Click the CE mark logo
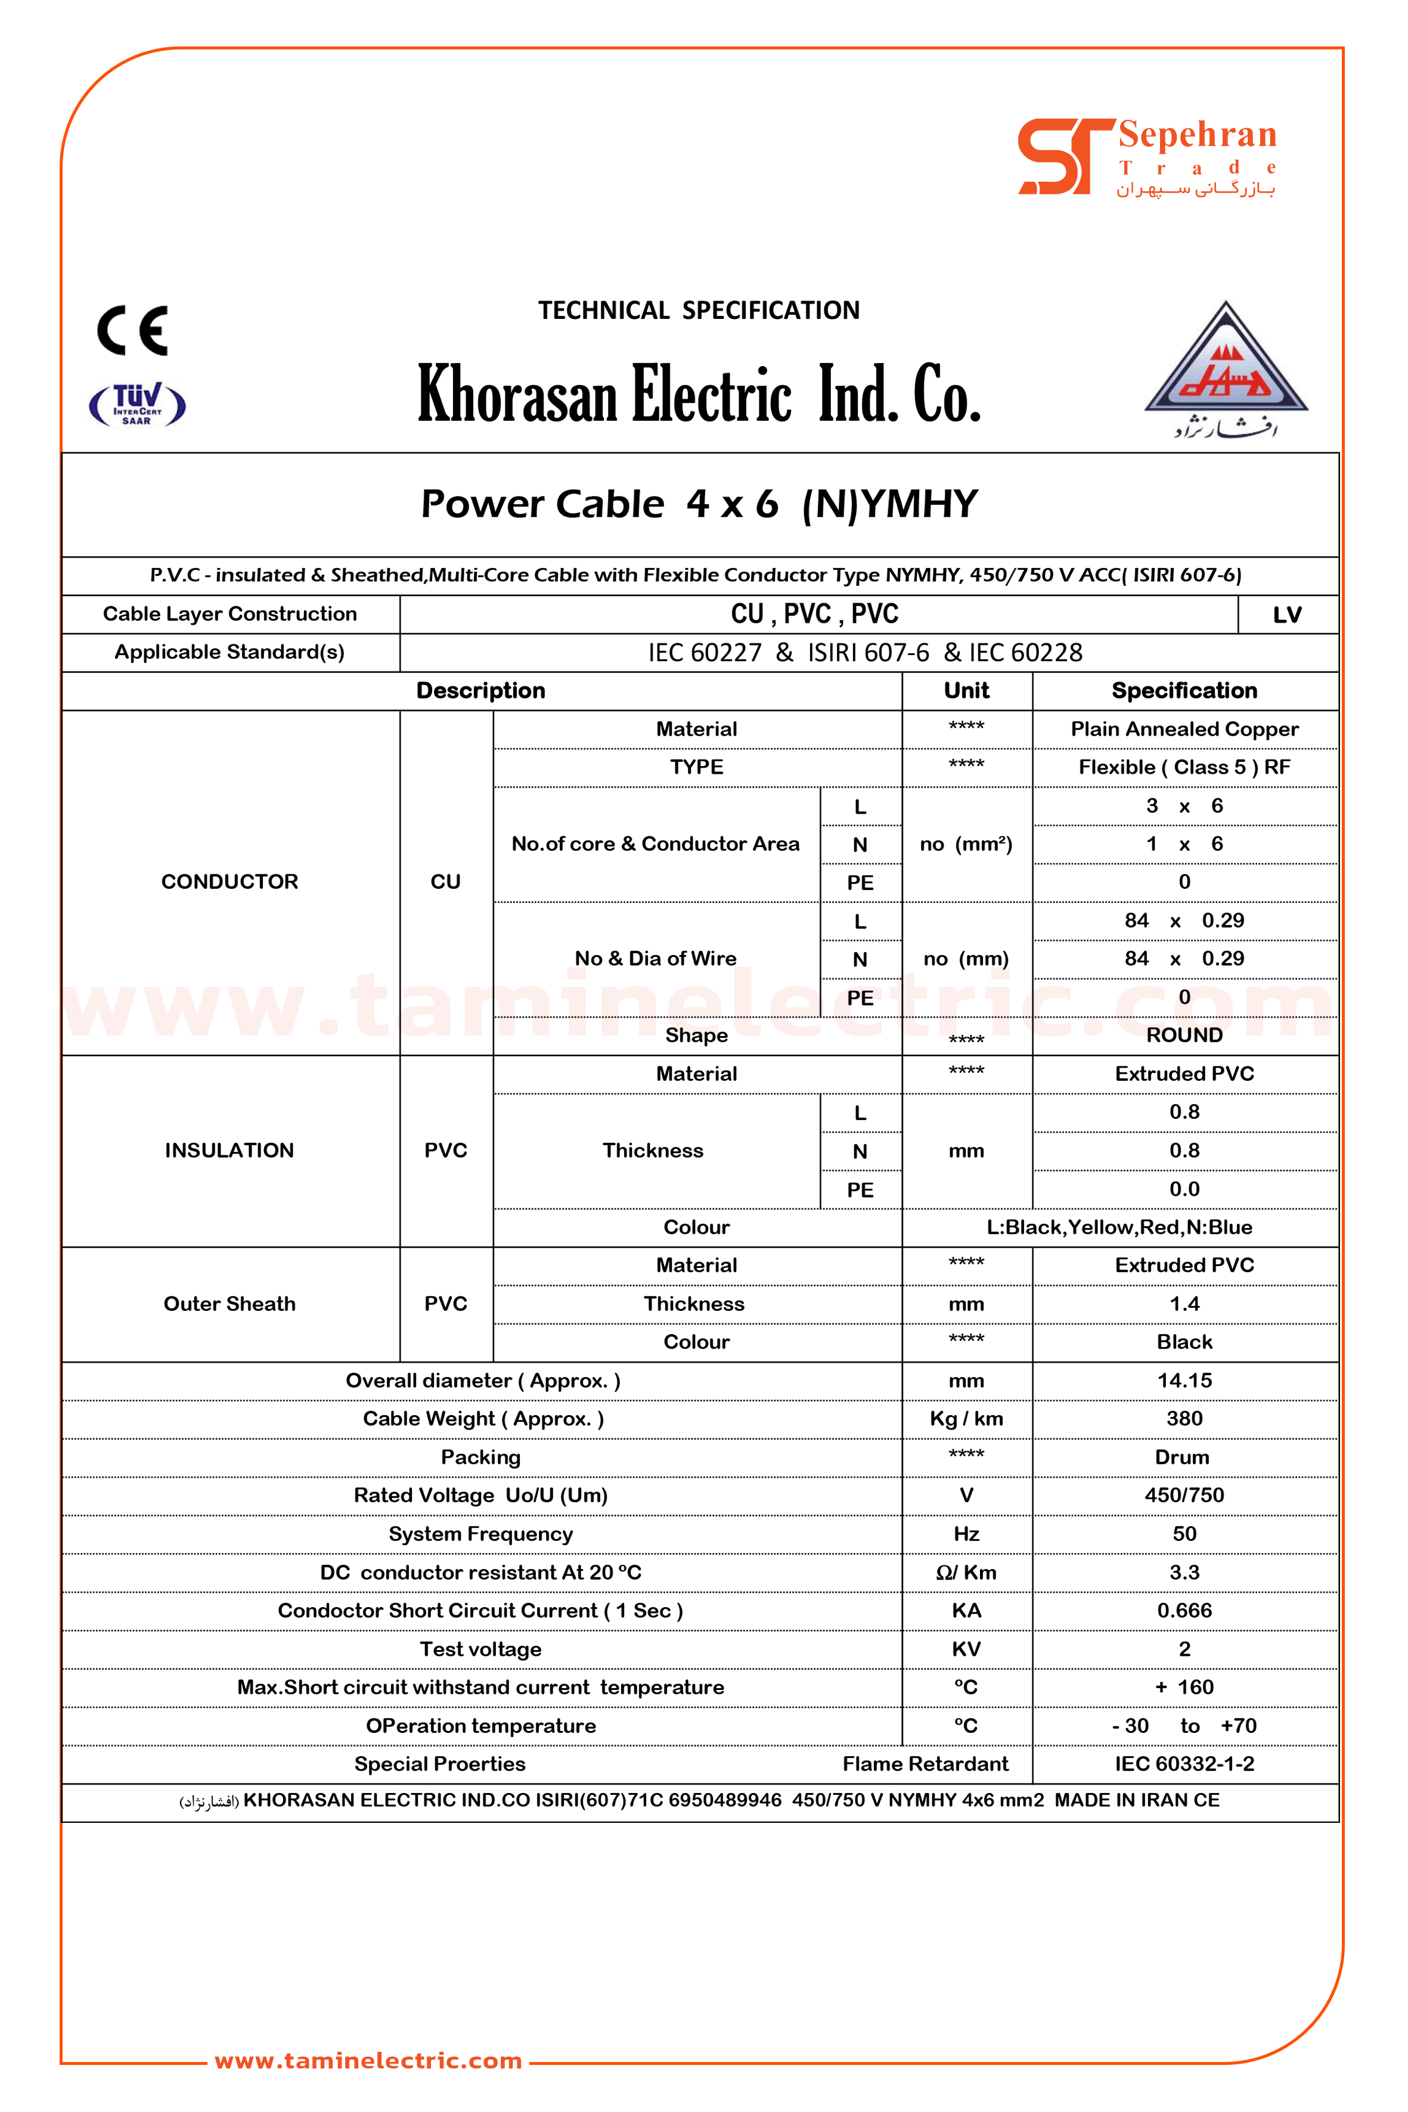[x=133, y=330]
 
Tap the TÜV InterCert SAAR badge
[x=137, y=404]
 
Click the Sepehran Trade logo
[x=1147, y=157]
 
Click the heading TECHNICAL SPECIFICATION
[x=699, y=311]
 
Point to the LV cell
[x=1287, y=615]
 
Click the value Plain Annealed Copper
[x=1184, y=729]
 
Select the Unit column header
[x=966, y=690]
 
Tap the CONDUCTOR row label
[x=230, y=882]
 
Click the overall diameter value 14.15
[x=1184, y=1380]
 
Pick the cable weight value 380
[x=1184, y=1419]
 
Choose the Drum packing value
[x=1181, y=1457]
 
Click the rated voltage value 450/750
[x=1184, y=1495]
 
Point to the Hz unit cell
[x=966, y=1534]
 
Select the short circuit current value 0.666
[x=1184, y=1610]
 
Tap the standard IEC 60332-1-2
[x=1184, y=1764]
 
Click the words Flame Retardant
[x=925, y=1764]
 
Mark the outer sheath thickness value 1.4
[x=1184, y=1304]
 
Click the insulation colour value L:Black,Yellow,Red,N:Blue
[x=1119, y=1227]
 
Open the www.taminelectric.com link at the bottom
[x=368, y=2061]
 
